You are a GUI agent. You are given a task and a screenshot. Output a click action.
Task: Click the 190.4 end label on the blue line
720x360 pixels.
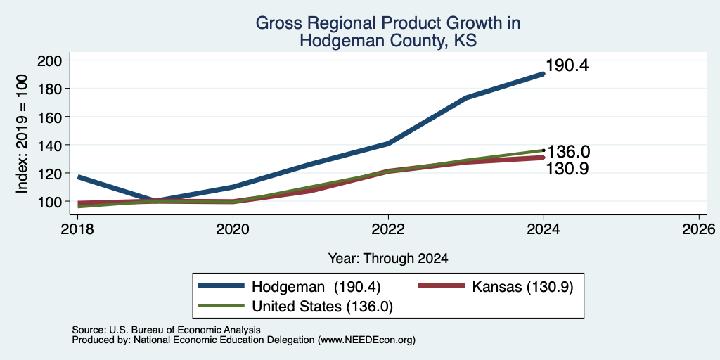tap(567, 65)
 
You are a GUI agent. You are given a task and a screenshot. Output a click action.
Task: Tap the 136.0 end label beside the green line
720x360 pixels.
tap(568, 152)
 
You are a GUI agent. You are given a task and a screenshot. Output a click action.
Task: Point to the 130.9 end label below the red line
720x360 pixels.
tap(567, 169)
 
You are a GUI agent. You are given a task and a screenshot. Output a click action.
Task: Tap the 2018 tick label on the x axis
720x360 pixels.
tap(77, 229)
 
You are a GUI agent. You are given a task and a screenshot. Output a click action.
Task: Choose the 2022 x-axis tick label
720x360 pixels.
tap(388, 229)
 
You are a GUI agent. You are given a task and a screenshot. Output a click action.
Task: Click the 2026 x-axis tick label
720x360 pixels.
tap(699, 229)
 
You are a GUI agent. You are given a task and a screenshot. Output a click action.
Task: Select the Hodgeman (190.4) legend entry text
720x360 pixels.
tap(316, 287)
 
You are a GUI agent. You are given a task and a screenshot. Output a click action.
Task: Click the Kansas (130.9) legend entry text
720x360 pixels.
tap(522, 287)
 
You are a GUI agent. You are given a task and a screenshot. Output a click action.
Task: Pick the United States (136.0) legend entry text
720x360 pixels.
tap(322, 307)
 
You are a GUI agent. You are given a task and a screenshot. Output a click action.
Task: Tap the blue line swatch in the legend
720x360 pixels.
tap(221, 286)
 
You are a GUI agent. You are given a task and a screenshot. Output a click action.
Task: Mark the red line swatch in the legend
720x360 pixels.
tap(442, 286)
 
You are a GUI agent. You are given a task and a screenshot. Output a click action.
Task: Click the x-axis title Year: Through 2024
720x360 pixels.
tap(388, 259)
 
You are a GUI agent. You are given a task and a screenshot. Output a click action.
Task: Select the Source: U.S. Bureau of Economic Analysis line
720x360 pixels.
tap(166, 330)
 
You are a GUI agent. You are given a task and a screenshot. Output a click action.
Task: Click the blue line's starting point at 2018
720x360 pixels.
tap(78, 176)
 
